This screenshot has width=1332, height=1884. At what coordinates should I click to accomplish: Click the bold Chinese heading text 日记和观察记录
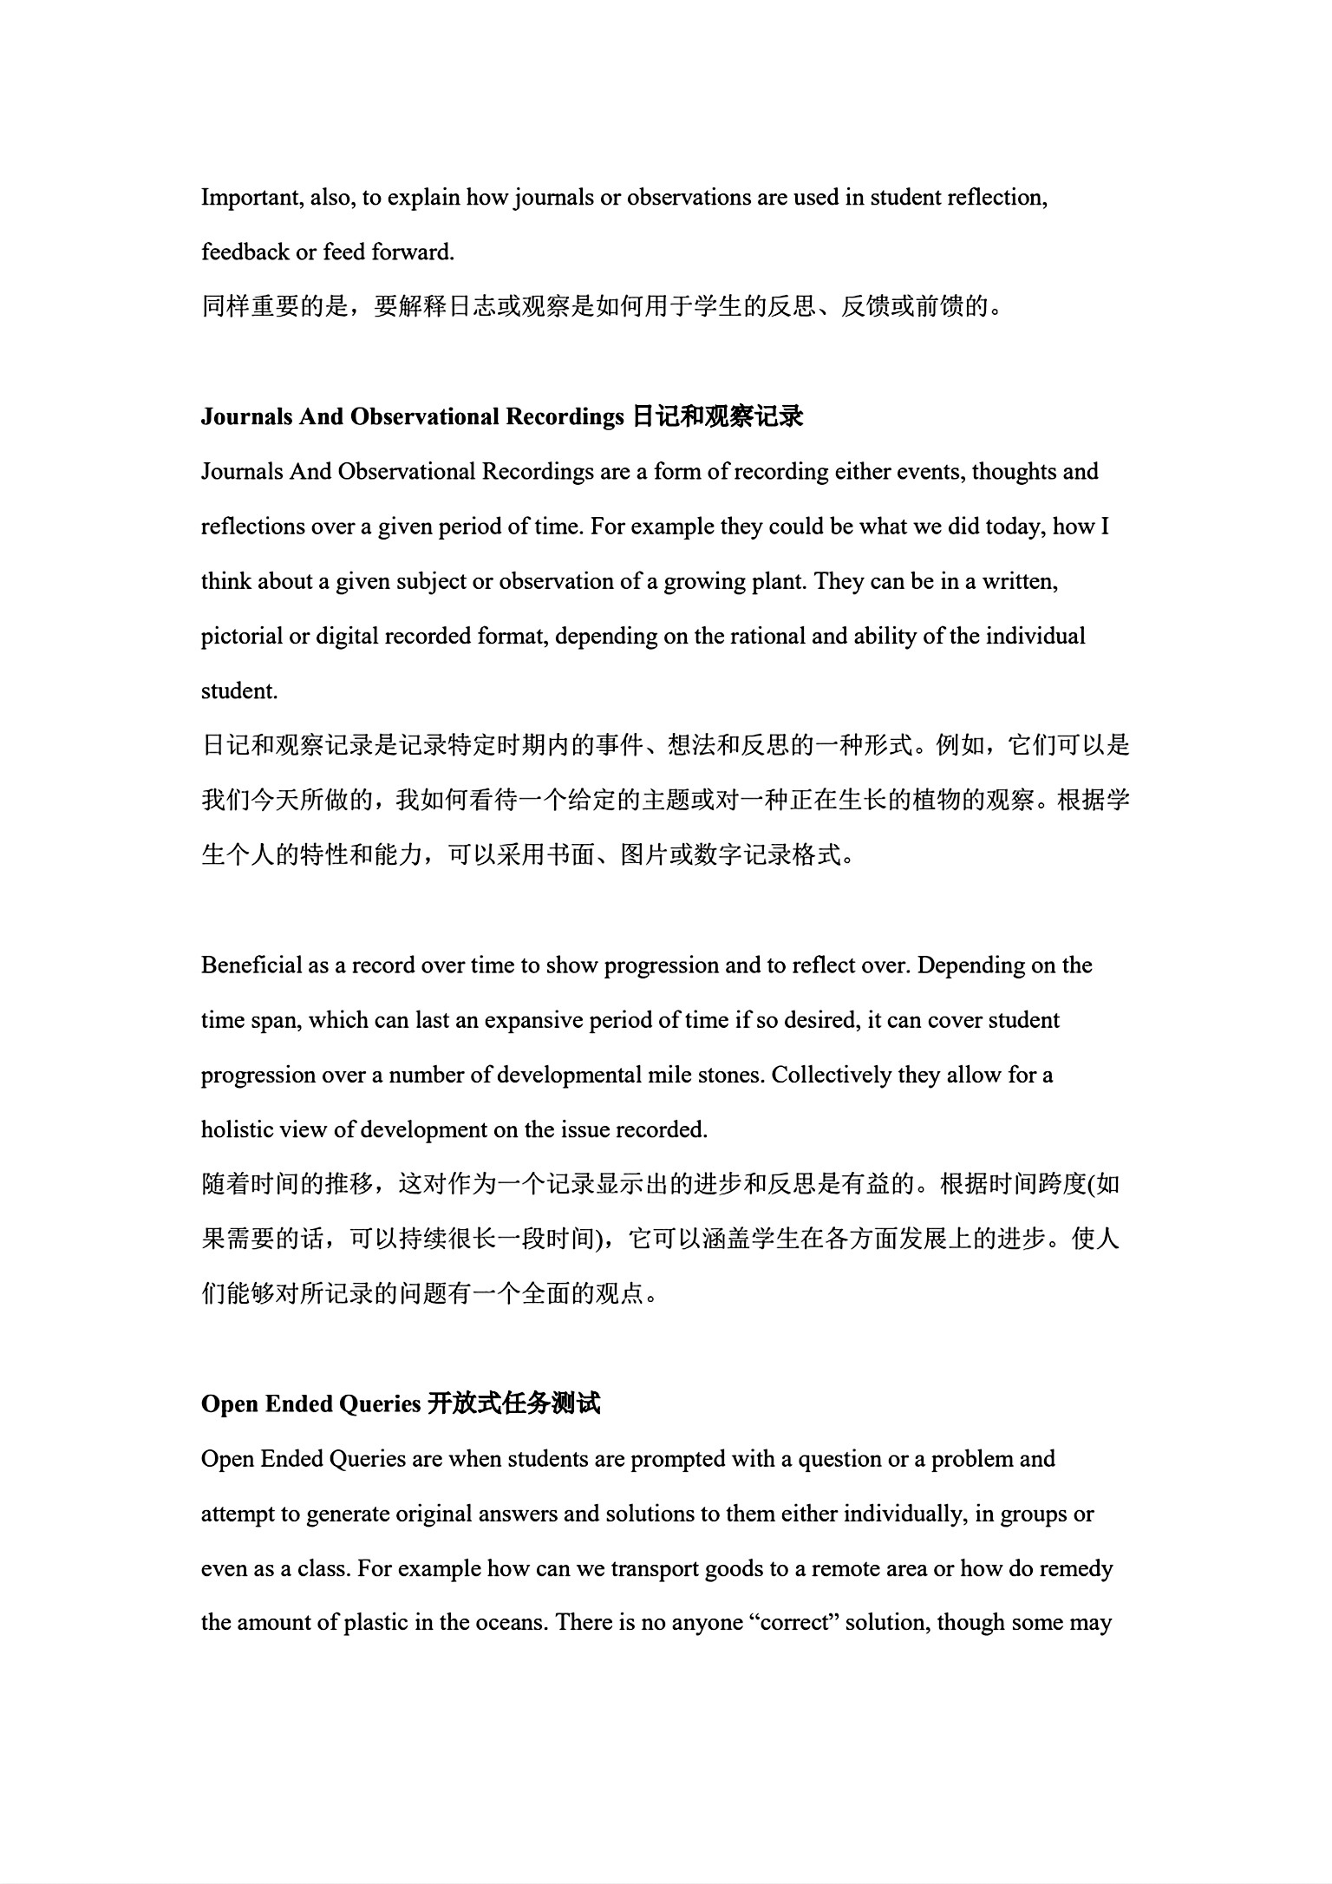pyautogui.click(x=718, y=417)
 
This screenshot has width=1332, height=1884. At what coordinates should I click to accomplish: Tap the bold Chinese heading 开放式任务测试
pyautogui.click(x=514, y=1404)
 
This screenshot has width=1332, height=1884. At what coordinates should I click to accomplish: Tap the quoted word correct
pyautogui.click(x=795, y=1624)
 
